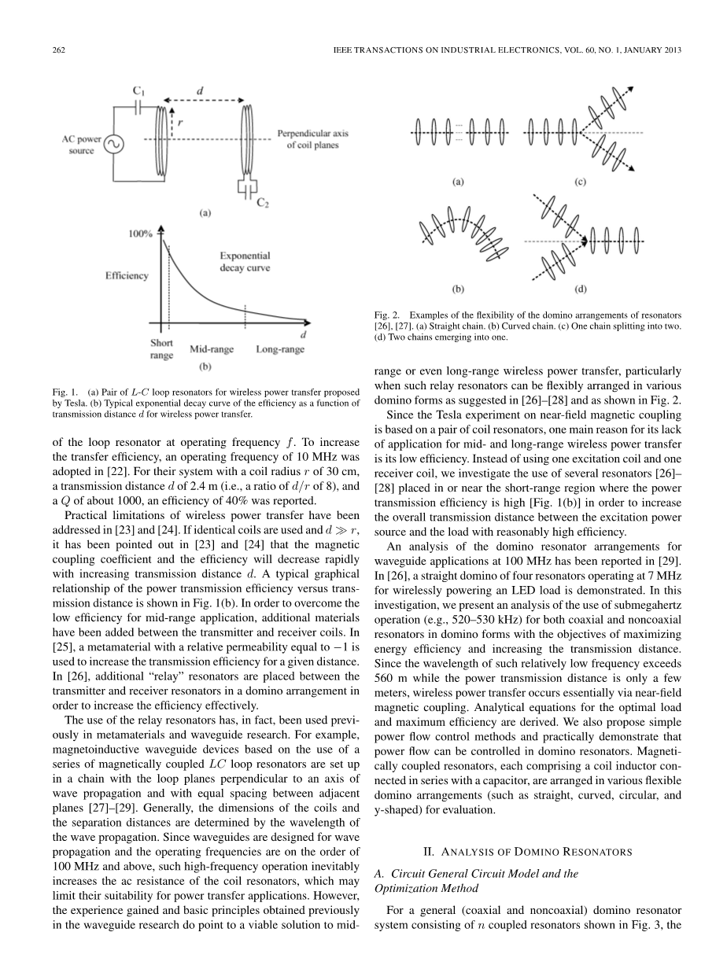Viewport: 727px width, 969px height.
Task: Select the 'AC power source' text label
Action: coord(82,146)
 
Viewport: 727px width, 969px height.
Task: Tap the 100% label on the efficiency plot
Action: coord(141,234)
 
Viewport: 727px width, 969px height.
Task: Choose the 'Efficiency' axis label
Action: coord(127,275)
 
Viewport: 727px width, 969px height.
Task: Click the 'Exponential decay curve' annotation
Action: coord(245,262)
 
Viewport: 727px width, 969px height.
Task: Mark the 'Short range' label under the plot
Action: coord(161,349)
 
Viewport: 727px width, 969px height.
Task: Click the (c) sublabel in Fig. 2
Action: coord(580,182)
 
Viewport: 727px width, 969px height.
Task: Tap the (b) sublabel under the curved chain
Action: coord(458,289)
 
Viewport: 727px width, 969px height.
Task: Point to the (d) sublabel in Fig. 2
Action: coord(580,289)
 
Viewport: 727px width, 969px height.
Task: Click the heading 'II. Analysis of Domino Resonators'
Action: coord(523,851)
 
